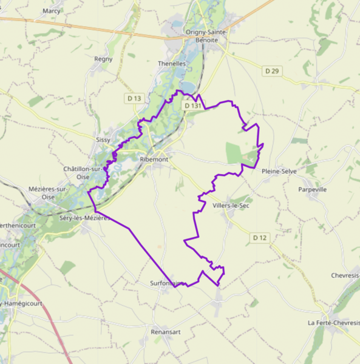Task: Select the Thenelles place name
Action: tap(171, 63)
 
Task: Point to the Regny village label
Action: tap(103, 59)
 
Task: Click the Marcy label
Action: tap(52, 11)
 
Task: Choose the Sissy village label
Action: tap(103, 140)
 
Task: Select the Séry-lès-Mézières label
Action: tap(84, 217)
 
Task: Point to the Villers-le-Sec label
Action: tap(231, 206)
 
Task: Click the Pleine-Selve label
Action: tap(279, 172)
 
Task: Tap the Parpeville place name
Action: tap(313, 189)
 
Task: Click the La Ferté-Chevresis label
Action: tap(333, 322)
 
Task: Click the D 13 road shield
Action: tap(134, 98)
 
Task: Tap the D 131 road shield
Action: tap(192, 106)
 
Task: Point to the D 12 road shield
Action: tap(260, 237)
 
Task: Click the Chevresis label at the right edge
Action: tap(345, 275)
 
